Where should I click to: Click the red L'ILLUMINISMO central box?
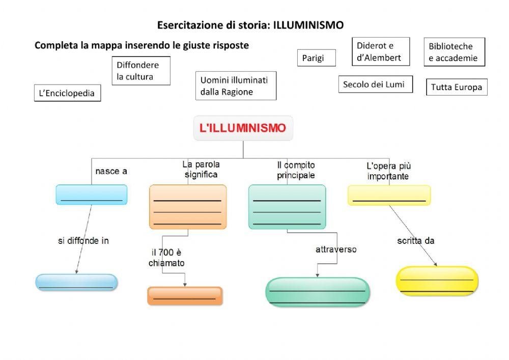[243, 128]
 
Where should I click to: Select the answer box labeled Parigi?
[317, 58]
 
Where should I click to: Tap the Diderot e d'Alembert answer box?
[379, 51]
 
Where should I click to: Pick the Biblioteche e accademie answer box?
[454, 52]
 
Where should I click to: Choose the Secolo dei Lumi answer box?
[375, 85]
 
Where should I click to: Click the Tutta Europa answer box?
[457, 87]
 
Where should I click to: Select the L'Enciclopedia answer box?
[67, 93]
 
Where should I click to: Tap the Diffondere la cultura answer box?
[141, 71]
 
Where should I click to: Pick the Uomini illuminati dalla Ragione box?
[235, 86]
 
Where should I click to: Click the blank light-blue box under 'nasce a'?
[92, 195]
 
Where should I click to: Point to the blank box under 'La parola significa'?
[187, 207]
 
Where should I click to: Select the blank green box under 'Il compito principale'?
[287, 207]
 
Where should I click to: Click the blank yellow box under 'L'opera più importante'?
[389, 195]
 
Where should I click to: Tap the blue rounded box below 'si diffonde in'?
[76, 282]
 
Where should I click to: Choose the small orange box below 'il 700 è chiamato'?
[185, 296]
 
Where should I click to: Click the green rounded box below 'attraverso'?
[318, 292]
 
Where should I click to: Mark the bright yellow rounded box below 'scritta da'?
[437, 281]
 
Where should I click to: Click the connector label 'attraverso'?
[336, 250]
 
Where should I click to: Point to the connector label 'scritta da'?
[415, 241]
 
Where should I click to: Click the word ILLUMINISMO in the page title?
[308, 25]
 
